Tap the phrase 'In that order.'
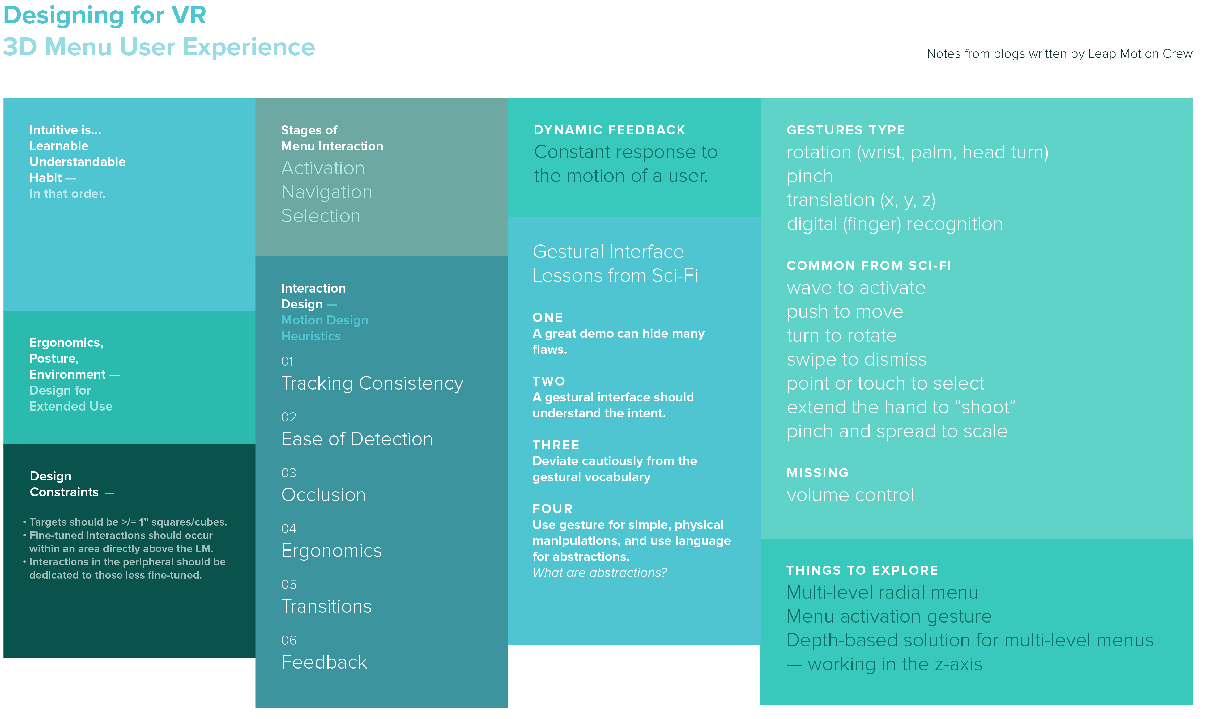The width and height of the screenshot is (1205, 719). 67,194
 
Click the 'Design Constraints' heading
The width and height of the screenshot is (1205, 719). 65,484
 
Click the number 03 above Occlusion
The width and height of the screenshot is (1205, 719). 289,473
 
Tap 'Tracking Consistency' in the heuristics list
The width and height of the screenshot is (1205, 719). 372,383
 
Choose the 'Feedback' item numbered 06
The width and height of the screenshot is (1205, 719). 324,662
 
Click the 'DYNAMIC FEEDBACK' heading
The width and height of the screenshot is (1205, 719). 609,130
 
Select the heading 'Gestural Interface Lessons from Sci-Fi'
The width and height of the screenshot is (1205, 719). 615,264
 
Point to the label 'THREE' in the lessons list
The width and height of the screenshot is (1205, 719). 556,445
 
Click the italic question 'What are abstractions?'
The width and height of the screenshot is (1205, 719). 600,573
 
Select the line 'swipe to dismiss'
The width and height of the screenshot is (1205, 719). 856,359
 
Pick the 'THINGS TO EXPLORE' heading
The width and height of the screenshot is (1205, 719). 862,570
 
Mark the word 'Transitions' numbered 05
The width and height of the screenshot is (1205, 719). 326,607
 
